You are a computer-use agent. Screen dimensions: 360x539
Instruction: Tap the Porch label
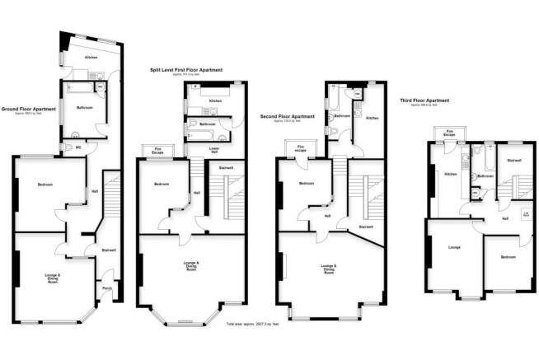tap(106, 288)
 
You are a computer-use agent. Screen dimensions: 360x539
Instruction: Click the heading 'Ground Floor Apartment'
tap(28, 108)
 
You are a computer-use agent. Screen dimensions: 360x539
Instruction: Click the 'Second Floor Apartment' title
tap(287, 116)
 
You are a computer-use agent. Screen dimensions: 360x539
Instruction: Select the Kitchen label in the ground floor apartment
tap(91, 58)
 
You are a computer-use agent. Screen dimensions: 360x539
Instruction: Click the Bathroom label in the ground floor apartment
tap(84, 108)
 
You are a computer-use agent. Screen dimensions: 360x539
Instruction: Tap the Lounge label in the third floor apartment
tap(453, 246)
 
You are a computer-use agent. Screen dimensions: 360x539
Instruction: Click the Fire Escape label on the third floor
tap(450, 132)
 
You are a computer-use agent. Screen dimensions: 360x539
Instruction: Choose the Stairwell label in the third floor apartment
tap(513, 160)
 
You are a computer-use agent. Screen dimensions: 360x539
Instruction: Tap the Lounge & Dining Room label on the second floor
tap(329, 268)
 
